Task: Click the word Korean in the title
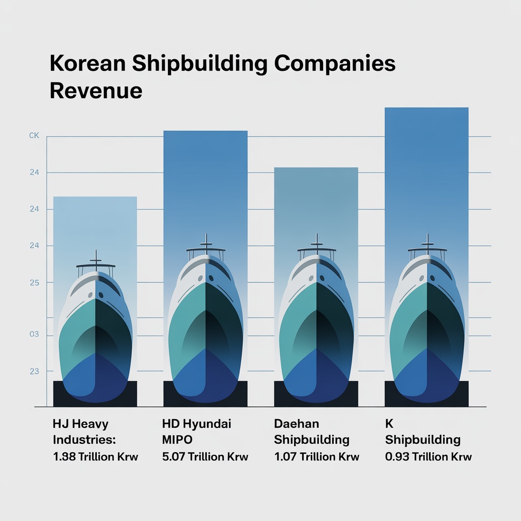(x=86, y=65)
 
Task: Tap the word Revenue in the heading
(x=96, y=90)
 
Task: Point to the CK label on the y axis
(x=34, y=136)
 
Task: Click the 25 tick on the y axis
(x=34, y=282)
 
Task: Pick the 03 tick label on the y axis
(x=34, y=335)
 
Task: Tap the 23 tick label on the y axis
(x=34, y=371)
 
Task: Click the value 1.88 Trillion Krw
(x=96, y=457)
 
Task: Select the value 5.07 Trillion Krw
(x=205, y=457)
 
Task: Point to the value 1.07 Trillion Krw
(x=316, y=457)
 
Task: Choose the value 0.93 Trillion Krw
(x=428, y=457)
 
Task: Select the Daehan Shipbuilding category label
(x=311, y=431)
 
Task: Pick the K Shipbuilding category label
(x=422, y=431)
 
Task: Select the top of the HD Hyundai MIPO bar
(x=205, y=132)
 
